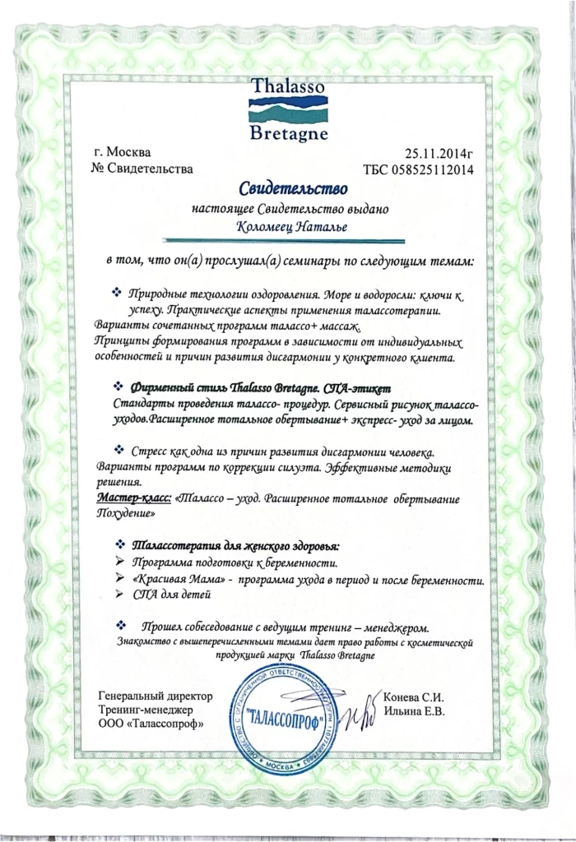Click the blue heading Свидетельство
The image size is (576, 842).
coord(289,191)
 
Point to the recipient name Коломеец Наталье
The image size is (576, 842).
coord(289,227)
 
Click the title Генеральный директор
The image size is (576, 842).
coord(155,696)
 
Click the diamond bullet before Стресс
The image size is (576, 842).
coord(118,450)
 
